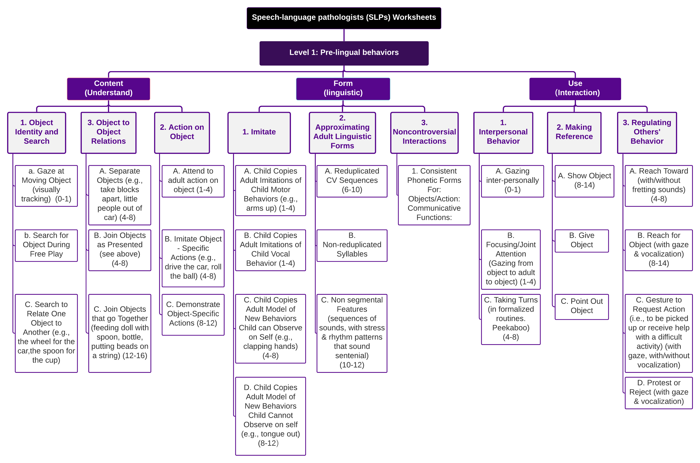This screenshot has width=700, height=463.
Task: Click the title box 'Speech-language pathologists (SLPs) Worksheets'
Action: click(x=344, y=18)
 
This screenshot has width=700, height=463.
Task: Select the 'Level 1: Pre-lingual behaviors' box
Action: click(x=344, y=53)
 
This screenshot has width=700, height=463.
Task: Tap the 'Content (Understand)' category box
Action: click(x=109, y=88)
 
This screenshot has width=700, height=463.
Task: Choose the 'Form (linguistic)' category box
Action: click(x=343, y=88)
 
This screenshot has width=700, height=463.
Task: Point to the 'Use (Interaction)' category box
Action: click(x=575, y=88)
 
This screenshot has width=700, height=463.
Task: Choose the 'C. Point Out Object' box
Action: click(x=581, y=306)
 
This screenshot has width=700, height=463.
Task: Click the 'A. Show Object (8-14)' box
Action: click(x=584, y=181)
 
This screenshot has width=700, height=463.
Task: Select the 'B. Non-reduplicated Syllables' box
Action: click(x=352, y=245)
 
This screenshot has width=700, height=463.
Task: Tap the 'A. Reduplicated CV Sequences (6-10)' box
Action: click(x=352, y=181)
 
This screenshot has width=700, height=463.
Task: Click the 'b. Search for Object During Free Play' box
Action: click(x=46, y=245)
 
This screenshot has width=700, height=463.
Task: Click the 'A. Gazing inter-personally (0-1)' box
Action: click(x=512, y=181)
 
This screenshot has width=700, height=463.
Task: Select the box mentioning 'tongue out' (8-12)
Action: click(x=270, y=416)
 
